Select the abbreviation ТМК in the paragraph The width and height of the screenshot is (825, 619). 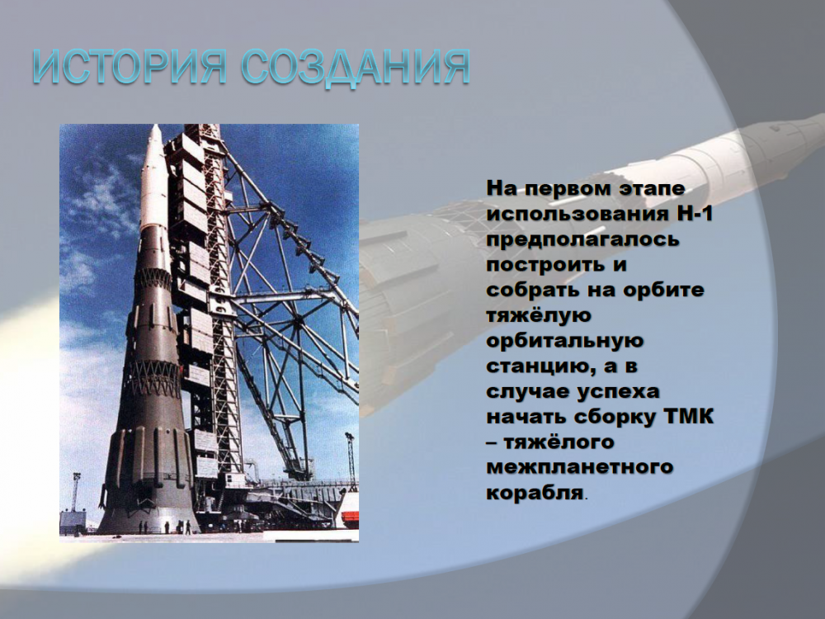tap(691, 416)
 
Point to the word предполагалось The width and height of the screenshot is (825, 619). tap(583, 240)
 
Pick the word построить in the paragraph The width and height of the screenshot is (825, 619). tap(545, 265)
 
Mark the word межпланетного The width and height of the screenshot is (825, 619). tap(580, 467)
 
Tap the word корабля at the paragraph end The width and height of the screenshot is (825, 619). tap(535, 494)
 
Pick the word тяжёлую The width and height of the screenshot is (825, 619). tap(539, 316)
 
